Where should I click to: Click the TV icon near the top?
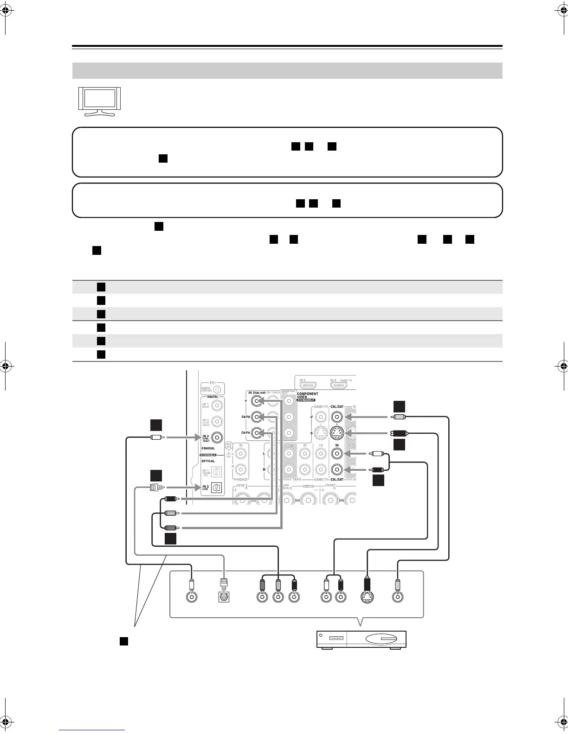tap(99, 101)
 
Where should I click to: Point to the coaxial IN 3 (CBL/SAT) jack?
tap(216, 437)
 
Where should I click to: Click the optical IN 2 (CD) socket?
tap(216, 488)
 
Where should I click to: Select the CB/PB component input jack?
tap(256, 418)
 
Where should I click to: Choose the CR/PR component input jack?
tap(256, 433)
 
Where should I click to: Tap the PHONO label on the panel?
tap(240, 480)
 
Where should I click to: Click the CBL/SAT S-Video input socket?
tap(337, 434)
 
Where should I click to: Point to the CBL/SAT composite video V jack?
tap(337, 417)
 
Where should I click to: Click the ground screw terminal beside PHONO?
tap(228, 446)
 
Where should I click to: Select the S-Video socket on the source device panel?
tap(368, 597)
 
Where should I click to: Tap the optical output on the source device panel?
tap(224, 597)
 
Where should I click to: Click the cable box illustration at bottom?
tap(361, 639)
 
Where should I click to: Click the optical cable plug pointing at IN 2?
tap(155, 487)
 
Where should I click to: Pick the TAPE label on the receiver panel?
tap(297, 480)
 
